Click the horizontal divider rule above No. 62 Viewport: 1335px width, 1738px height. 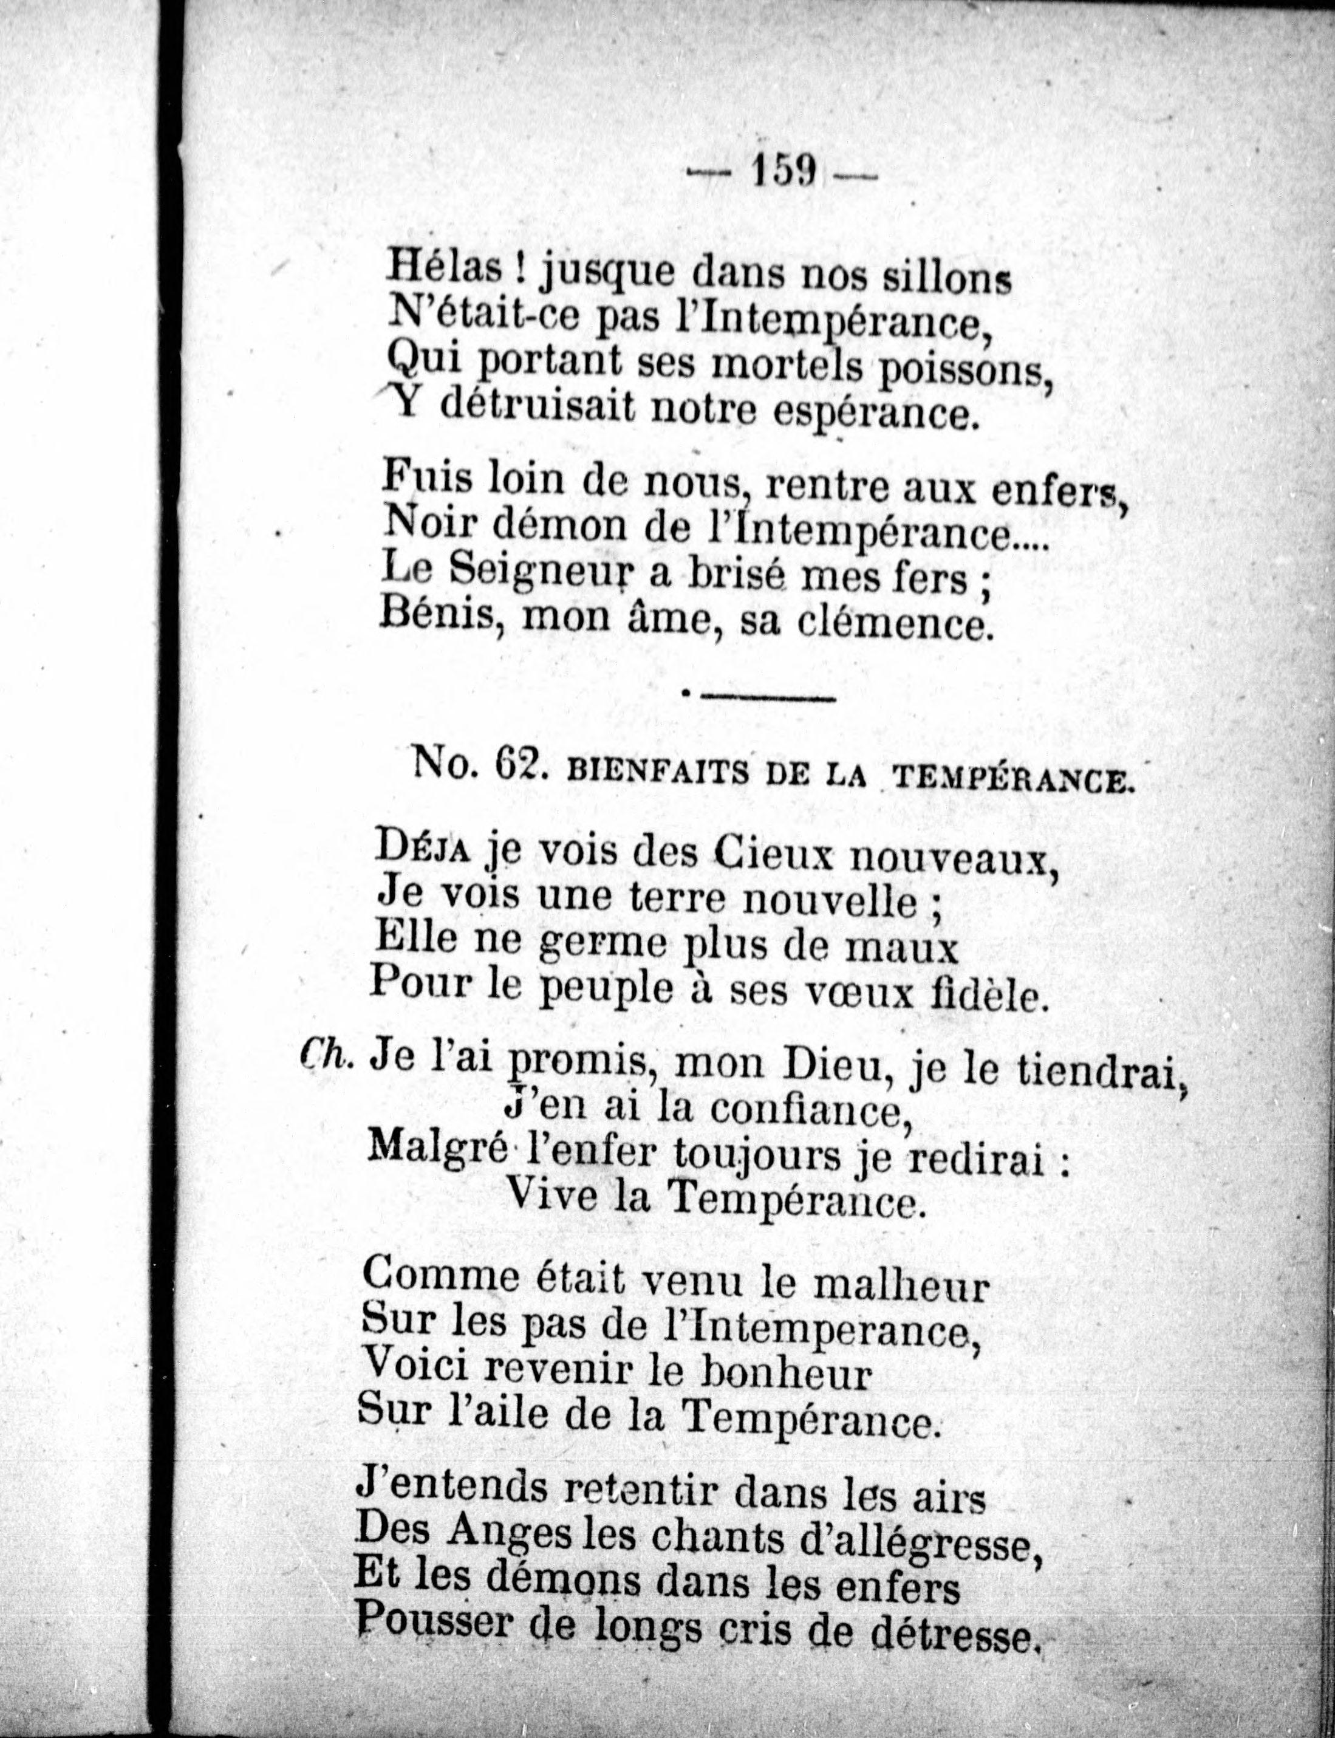[x=767, y=699]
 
